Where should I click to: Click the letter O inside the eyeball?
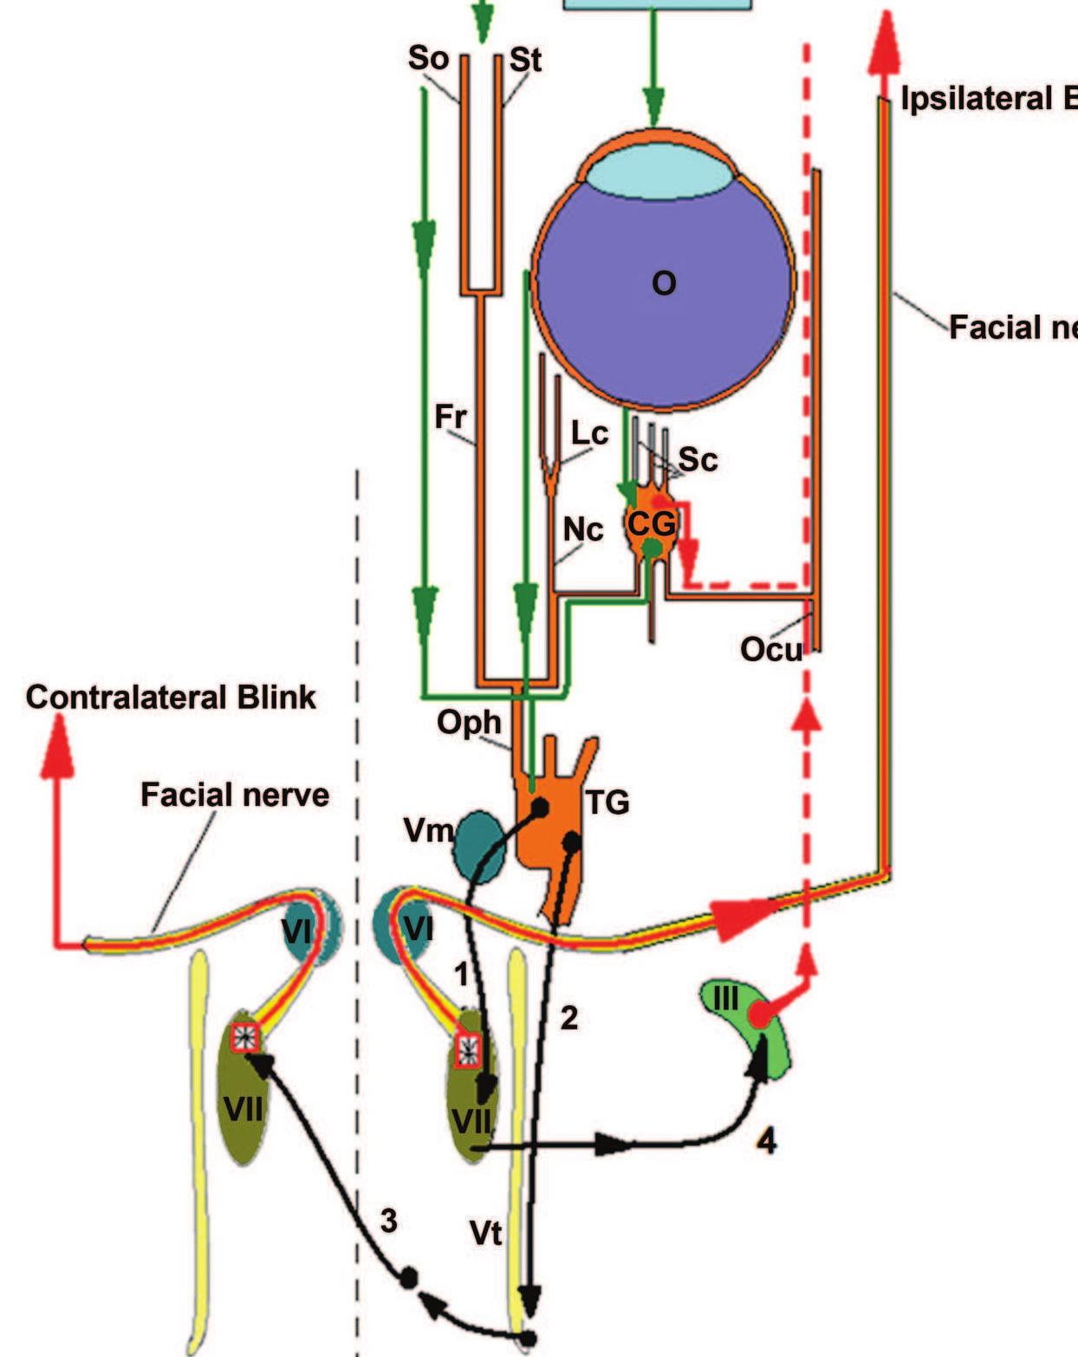(x=663, y=283)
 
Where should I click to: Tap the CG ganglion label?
(x=650, y=523)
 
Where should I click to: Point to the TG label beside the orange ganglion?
(x=607, y=802)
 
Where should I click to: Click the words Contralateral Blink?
(x=171, y=697)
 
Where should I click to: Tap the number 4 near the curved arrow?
(x=766, y=1141)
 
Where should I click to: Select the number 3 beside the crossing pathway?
(x=388, y=1220)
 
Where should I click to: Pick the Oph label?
(x=469, y=721)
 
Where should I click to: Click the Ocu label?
(x=770, y=648)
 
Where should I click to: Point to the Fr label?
(x=450, y=417)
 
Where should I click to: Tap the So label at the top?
(x=428, y=58)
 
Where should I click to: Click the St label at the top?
(x=525, y=60)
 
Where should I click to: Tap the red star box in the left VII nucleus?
(x=245, y=1037)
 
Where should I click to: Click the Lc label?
(x=589, y=432)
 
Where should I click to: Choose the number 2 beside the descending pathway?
(x=568, y=1017)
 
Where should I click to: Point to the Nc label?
(x=583, y=529)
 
